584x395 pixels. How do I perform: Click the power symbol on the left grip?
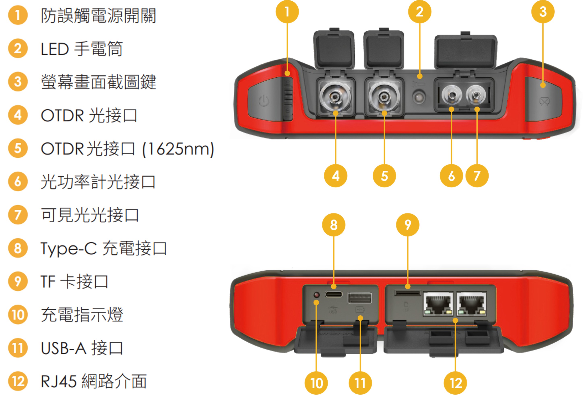[x=264, y=101]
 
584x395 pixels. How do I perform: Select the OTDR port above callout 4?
[x=335, y=97]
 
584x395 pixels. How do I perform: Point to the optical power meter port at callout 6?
[x=452, y=95]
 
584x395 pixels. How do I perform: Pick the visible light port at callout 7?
[x=476, y=95]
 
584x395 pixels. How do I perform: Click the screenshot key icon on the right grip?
[x=544, y=102]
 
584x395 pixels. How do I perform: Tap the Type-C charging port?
[x=334, y=294]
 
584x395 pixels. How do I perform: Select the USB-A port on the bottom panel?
[x=360, y=298]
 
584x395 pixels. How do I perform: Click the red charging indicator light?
[x=317, y=295]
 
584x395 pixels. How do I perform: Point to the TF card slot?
[x=407, y=293]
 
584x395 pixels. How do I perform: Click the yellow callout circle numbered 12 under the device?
[x=455, y=383]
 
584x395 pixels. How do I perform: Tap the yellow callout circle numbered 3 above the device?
[x=543, y=12]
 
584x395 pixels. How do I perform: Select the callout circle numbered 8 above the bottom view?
[x=333, y=225]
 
